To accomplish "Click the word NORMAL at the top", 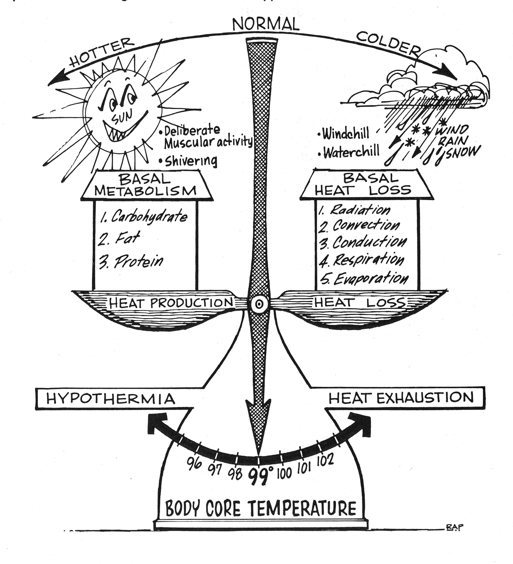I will [266, 24].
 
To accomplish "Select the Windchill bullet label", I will [346, 134].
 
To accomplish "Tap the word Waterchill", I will [351, 152].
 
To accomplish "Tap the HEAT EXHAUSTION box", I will [401, 398].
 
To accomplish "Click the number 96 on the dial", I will [194, 464].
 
